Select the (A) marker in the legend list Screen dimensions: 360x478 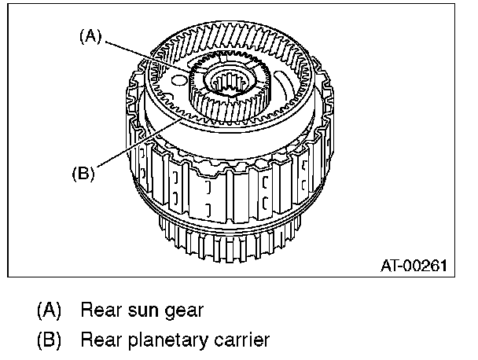coord(50,310)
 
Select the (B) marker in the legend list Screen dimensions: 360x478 coord(50,340)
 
